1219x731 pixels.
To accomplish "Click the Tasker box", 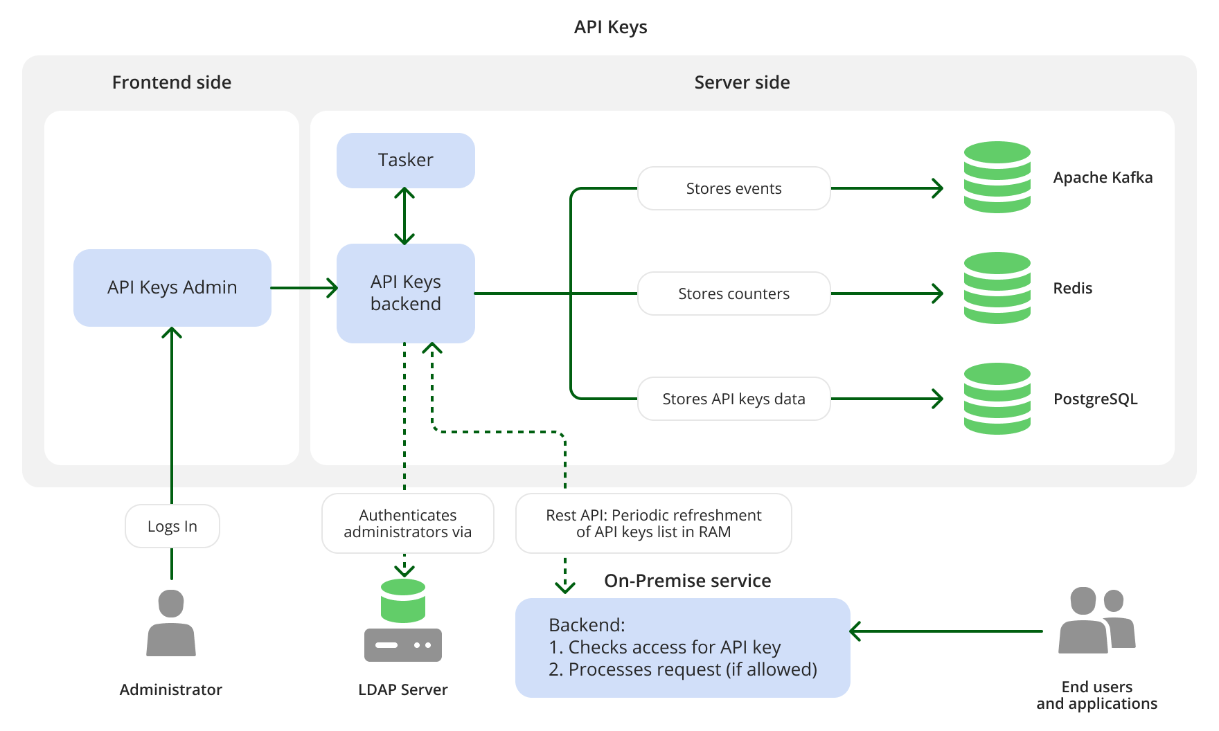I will coord(405,161).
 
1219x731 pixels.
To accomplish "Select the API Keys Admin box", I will coord(172,287).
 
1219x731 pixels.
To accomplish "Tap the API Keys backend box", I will coord(405,293).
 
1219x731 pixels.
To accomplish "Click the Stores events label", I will coord(733,188).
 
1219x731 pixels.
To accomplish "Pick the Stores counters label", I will coord(733,294).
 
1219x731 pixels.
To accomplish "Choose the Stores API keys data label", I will coord(733,399).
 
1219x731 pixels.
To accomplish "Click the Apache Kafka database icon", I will coord(997,177).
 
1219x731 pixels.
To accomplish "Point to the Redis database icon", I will coord(997,288).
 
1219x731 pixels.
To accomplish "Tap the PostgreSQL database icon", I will coord(997,399).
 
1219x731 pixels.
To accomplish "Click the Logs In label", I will coord(172,526).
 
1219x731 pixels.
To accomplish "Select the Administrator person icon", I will coord(171,623).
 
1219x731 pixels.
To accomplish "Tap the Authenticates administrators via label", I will coord(407,523).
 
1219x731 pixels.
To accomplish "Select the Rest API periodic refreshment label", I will coord(653,523).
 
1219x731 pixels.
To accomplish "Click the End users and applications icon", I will coord(1096,621).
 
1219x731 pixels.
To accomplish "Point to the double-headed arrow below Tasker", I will coord(404,216).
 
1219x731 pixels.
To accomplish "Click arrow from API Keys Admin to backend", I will coord(303,287).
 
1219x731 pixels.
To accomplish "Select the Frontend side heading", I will coord(172,82).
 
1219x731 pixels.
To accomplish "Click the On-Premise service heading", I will coord(687,581).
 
